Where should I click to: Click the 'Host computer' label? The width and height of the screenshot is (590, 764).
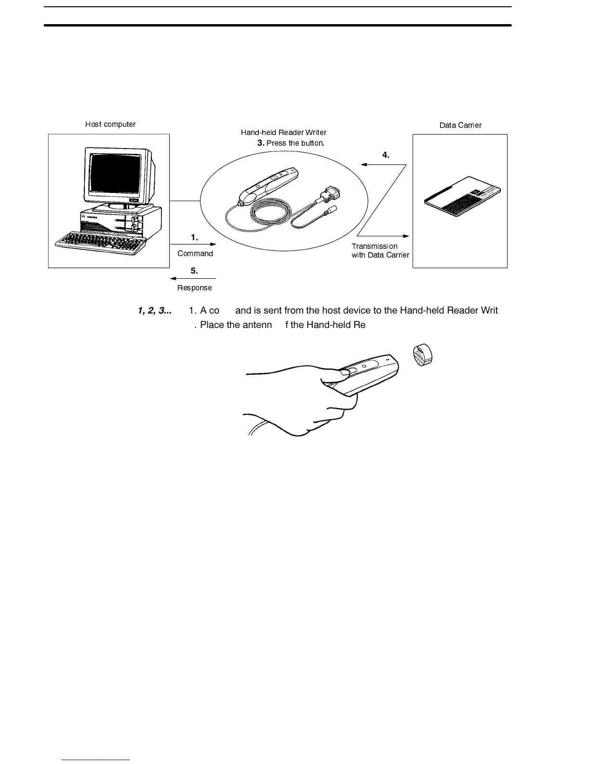coord(110,124)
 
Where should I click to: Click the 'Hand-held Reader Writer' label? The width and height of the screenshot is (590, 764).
coord(283,133)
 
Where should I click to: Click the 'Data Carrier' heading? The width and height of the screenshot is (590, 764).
coord(460,125)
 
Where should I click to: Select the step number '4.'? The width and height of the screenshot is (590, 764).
coord(386,155)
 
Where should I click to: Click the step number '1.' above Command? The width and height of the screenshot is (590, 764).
coord(194,237)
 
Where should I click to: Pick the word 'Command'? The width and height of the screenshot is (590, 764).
coord(195,254)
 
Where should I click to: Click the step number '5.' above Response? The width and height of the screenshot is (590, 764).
coord(194,271)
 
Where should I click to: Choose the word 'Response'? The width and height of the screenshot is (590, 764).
coord(194,288)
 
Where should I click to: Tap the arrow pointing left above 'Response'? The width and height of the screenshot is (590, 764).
coord(193,278)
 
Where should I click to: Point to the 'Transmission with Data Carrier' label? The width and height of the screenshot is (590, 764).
coord(380,251)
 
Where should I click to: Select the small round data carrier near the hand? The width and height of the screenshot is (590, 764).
coord(422,355)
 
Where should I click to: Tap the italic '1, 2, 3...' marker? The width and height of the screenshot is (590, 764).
coord(155,311)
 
